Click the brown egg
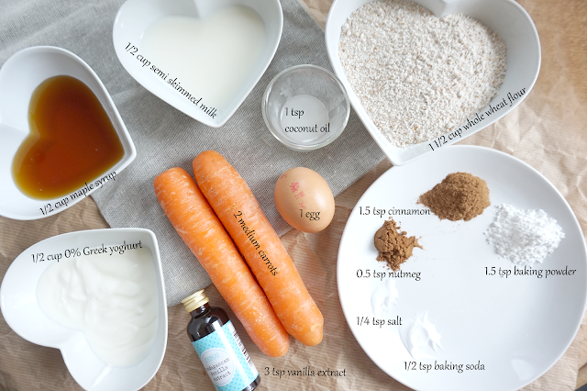304,199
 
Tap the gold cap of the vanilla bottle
195,301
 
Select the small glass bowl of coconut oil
305,107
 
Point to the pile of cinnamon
455,196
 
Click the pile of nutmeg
395,244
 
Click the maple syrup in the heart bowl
67,138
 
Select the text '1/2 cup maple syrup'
78,193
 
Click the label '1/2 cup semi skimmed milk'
171,80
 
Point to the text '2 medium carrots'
256,242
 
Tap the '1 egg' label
310,214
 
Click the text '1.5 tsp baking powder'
530,271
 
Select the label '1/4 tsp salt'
379,321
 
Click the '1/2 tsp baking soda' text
444,366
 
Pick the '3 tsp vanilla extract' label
305,372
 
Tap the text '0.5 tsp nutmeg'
389,274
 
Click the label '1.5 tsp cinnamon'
394,211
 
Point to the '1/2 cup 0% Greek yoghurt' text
87,251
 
